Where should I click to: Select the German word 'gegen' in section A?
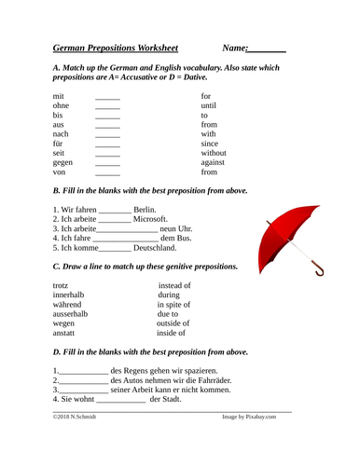(65, 160)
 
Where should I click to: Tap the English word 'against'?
(215, 161)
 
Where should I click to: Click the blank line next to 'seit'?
(108, 149)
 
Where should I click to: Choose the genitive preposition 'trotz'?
(61, 286)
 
